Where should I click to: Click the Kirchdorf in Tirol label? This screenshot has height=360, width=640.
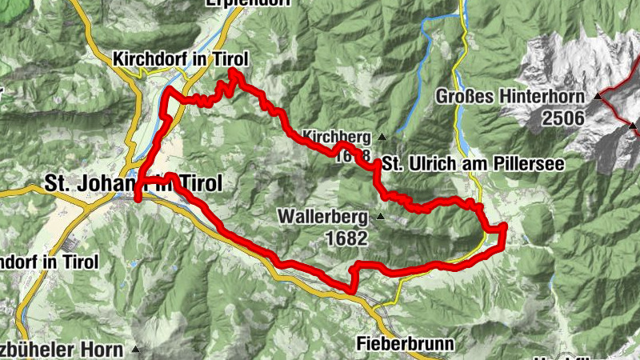pyautogui.click(x=182, y=59)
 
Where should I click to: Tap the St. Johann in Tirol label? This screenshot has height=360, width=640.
pyautogui.click(x=133, y=183)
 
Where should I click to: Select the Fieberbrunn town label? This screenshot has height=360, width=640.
pyautogui.click(x=405, y=344)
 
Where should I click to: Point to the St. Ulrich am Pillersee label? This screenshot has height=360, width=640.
pyautogui.click(x=473, y=163)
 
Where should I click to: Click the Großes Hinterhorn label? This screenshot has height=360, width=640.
pyautogui.click(x=513, y=97)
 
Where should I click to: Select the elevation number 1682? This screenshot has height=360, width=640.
pyautogui.click(x=346, y=238)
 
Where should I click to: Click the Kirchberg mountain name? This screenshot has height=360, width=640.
pyautogui.click(x=337, y=135)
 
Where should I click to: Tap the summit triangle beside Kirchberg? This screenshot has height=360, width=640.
pyautogui.click(x=382, y=135)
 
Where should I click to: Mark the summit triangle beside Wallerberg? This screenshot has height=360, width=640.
pyautogui.click(x=380, y=216)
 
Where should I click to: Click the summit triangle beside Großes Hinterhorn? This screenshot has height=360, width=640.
pyautogui.click(x=598, y=97)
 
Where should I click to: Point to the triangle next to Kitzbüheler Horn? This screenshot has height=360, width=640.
pyautogui.click(x=135, y=349)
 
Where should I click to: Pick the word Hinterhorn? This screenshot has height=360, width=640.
pyautogui.click(x=544, y=97)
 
